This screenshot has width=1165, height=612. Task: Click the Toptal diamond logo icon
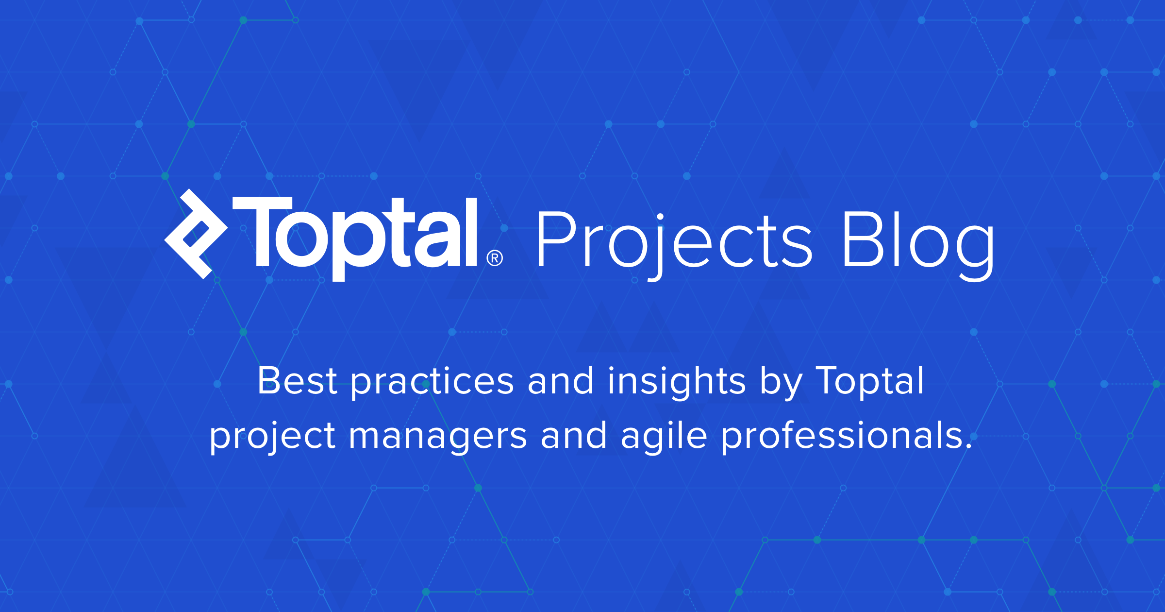point(196,234)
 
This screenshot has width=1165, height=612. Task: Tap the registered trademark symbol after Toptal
point(495,258)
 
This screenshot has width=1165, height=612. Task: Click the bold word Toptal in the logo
point(355,239)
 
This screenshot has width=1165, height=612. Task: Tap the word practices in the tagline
point(432,384)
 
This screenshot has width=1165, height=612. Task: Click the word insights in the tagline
point(677,384)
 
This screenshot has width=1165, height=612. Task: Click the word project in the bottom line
point(272,437)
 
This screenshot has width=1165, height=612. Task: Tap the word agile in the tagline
point(664,437)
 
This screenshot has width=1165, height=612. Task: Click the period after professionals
point(969,446)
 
